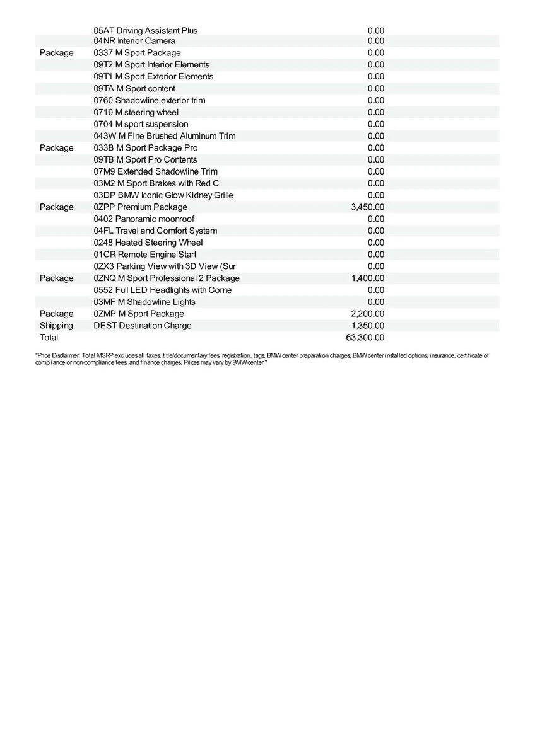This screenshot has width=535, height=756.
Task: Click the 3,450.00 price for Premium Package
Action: click(x=367, y=207)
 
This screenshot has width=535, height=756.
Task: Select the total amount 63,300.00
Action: click(x=365, y=338)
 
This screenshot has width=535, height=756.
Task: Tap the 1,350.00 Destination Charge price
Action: click(x=367, y=326)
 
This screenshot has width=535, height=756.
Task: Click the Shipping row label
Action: click(x=56, y=326)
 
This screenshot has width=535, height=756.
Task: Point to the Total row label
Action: click(x=49, y=338)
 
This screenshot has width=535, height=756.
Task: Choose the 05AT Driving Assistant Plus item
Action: click(x=145, y=31)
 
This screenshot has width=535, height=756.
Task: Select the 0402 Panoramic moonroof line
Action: click(x=144, y=219)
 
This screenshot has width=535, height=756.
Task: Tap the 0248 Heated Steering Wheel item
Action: click(x=148, y=243)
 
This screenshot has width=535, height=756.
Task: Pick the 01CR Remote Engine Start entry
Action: click(x=145, y=255)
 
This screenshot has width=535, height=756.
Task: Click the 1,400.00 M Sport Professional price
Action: click(x=367, y=278)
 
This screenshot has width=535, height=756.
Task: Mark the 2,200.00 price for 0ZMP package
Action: click(x=367, y=314)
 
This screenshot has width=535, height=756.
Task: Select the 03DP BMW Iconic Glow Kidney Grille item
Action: click(x=163, y=195)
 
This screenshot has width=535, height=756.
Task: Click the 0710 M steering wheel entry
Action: click(x=136, y=112)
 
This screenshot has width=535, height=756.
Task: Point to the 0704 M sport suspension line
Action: click(x=141, y=124)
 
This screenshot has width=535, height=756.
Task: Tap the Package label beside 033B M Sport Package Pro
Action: click(x=56, y=148)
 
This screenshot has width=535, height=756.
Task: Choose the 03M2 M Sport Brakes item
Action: click(x=156, y=183)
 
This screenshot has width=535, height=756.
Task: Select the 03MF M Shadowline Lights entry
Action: click(x=144, y=302)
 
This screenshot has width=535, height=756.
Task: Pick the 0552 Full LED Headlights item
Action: click(x=162, y=290)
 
